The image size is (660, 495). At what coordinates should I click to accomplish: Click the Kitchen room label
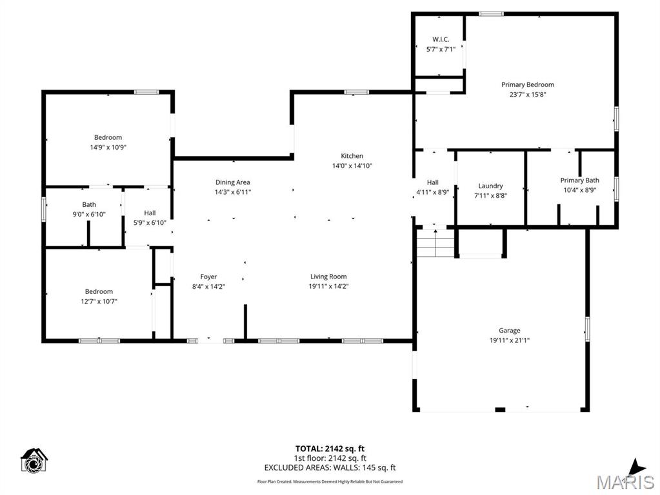pyautogui.click(x=352, y=156)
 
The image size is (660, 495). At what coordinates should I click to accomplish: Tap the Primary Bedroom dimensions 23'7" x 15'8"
pyautogui.click(x=527, y=95)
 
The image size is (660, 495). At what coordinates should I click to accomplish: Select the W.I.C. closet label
pyautogui.click(x=441, y=39)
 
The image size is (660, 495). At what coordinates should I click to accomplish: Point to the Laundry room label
pyautogui.click(x=490, y=186)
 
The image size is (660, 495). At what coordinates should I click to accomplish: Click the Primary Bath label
pyautogui.click(x=579, y=180)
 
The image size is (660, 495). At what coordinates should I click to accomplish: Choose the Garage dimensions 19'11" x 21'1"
pyautogui.click(x=509, y=341)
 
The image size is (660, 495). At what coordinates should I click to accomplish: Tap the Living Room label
pyautogui.click(x=329, y=277)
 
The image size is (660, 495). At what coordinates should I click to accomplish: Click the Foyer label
pyautogui.click(x=208, y=277)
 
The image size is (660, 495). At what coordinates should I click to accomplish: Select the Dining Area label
pyautogui.click(x=233, y=182)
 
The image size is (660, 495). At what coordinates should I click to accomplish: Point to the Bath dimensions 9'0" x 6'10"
pyautogui.click(x=89, y=215)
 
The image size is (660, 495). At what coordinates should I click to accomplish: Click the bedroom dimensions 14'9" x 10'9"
pyautogui.click(x=108, y=148)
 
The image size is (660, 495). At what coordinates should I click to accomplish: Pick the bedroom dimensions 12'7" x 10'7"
pyautogui.click(x=99, y=302)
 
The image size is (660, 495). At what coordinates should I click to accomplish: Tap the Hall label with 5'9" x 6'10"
pyautogui.click(x=150, y=213)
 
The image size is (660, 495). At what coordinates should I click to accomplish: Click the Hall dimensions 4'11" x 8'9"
pyautogui.click(x=433, y=193)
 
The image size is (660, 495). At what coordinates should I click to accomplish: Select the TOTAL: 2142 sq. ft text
pyautogui.click(x=330, y=449)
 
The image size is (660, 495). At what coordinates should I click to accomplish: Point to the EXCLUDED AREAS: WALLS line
pyautogui.click(x=330, y=468)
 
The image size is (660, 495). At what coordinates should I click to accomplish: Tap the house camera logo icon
pyautogui.click(x=34, y=460)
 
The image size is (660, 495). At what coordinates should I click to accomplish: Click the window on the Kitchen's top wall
pyautogui.click(x=357, y=92)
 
